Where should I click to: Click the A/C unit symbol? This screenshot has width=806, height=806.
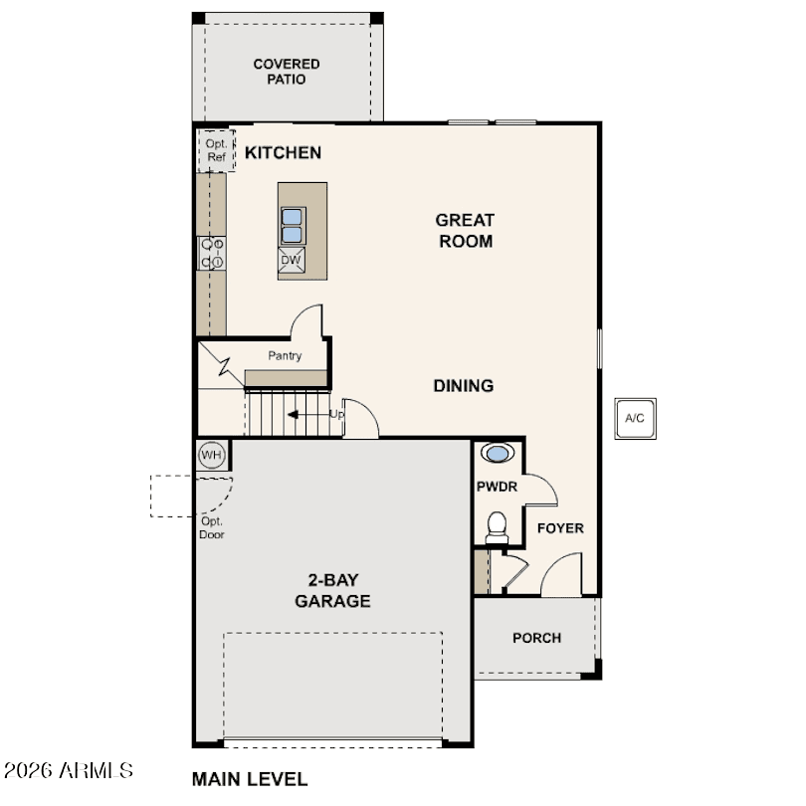[x=635, y=418]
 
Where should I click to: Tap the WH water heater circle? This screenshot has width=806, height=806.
[x=211, y=455]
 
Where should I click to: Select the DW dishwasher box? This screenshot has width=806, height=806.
[x=292, y=260]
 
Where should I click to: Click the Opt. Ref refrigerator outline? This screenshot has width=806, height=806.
[x=217, y=150]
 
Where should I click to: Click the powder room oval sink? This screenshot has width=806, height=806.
[x=498, y=453]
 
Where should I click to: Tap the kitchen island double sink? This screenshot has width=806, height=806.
[x=293, y=226]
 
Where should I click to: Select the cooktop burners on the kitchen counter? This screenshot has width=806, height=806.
[x=212, y=253]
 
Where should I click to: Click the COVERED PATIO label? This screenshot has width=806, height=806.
[x=287, y=72]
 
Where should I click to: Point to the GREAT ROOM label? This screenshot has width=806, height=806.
[x=466, y=230]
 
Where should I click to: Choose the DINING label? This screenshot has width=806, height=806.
[x=464, y=385]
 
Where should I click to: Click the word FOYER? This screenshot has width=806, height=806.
[x=560, y=528]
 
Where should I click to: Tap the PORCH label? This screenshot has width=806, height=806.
[x=536, y=638]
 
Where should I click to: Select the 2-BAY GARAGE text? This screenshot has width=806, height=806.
[x=332, y=591]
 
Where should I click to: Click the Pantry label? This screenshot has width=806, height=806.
[x=285, y=355]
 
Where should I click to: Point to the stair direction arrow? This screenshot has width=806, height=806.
[x=308, y=414]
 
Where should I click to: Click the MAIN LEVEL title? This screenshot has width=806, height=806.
[x=250, y=779]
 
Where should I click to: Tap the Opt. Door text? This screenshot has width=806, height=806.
[x=212, y=528]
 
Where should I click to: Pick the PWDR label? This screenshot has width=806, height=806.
[x=498, y=487]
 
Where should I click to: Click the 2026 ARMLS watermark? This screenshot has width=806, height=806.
[x=69, y=770]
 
